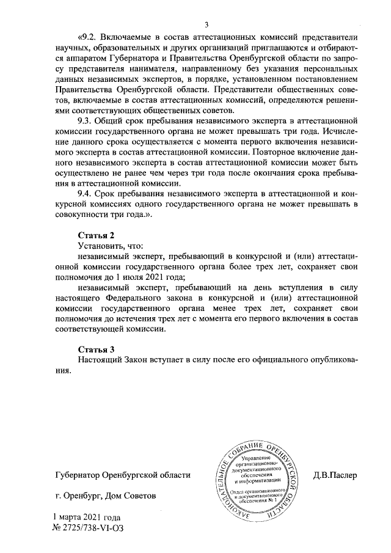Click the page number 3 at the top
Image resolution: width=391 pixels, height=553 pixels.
[x=206, y=25]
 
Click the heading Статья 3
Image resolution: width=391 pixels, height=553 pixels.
[x=97, y=349]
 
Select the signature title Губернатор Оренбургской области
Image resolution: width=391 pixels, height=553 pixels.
[x=122, y=474]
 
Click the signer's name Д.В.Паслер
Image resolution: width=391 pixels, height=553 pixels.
[x=335, y=474]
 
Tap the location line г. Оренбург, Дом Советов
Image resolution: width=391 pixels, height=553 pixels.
[x=101, y=496]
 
